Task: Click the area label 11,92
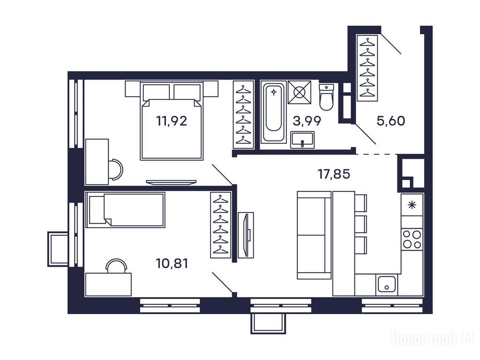pos(172,121)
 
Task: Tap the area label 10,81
pos(172,263)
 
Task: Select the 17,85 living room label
pos(334,174)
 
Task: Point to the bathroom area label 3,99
pos(307,121)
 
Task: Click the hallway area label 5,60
pos(391,121)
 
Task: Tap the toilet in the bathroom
pos(326,97)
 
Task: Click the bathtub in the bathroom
pos(273,112)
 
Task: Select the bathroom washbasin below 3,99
pos(302,140)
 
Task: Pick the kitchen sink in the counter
pos(387,284)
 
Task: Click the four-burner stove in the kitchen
pos(412,240)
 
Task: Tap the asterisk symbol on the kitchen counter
pos(412,205)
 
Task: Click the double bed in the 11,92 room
pos(172,120)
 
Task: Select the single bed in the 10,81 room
pos(125,210)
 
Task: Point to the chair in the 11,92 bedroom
pos(116,169)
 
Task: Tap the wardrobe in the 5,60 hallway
pos(367,68)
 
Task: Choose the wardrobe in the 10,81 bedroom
pos(221,225)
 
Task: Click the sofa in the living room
pos(314,235)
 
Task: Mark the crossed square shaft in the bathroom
pos(300,92)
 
